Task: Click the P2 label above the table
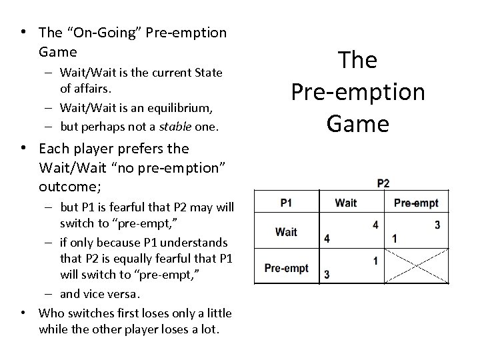(x=383, y=183)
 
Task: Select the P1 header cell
(x=286, y=202)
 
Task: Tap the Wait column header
(x=345, y=202)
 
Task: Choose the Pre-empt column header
(x=417, y=202)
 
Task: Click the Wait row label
(x=286, y=231)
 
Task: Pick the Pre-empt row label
(x=286, y=268)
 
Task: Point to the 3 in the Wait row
(x=437, y=225)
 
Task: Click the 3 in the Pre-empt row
(x=327, y=274)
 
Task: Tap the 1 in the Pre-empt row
(x=375, y=261)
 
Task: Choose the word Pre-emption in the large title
(x=358, y=91)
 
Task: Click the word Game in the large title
(x=358, y=123)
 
